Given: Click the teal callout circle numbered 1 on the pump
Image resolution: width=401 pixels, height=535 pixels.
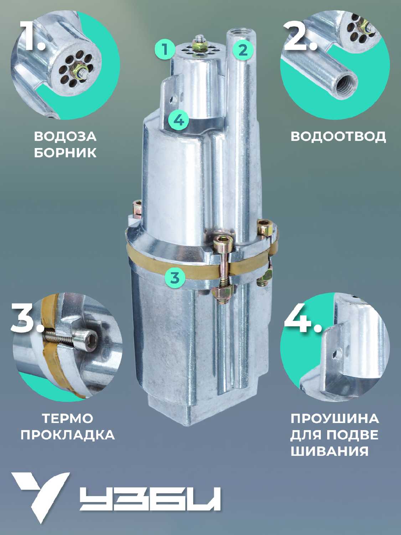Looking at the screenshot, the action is (x=165, y=50).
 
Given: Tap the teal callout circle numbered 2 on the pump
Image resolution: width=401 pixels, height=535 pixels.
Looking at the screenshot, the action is (x=243, y=50).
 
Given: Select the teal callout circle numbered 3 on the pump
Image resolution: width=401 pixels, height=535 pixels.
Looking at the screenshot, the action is (x=175, y=277).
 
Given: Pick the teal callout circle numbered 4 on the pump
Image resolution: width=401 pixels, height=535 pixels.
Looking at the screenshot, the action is (x=179, y=120).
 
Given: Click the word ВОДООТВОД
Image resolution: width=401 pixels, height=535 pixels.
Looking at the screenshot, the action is (x=338, y=137).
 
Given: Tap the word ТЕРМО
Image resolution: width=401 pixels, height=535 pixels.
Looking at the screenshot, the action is (x=67, y=418).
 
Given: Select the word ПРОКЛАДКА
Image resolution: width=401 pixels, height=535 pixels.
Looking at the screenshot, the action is (x=67, y=435).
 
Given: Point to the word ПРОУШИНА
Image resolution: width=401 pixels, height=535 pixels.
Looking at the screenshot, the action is (x=335, y=419).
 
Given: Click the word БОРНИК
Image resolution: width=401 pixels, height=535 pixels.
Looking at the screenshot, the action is (x=65, y=153).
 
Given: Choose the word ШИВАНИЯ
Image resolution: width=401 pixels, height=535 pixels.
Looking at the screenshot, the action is (x=330, y=452).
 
